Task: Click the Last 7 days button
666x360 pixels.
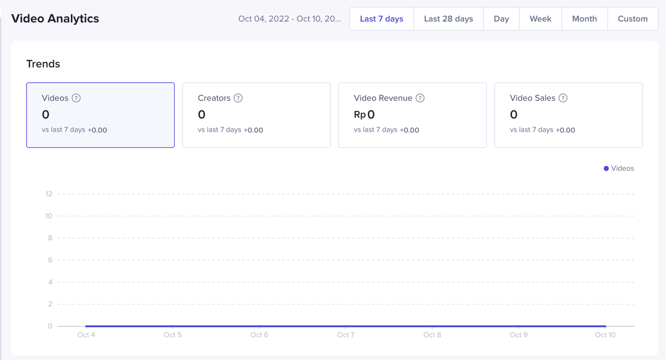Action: (x=381, y=19)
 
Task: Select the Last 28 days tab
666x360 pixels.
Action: (x=448, y=19)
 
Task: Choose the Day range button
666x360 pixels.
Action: (x=501, y=19)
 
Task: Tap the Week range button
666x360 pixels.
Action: (x=540, y=19)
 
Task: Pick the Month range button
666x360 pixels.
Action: (x=584, y=19)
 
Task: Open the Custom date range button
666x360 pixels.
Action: (x=632, y=19)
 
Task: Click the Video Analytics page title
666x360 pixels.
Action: (x=55, y=19)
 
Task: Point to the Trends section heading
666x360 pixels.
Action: (x=43, y=64)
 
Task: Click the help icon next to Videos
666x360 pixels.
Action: (x=76, y=98)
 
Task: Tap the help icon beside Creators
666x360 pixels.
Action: (x=238, y=98)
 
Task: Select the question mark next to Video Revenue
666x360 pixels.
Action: (x=420, y=98)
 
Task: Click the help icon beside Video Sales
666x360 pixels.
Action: (x=563, y=98)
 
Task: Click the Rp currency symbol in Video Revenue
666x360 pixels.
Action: (x=360, y=115)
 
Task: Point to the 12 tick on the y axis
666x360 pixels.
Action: (x=49, y=194)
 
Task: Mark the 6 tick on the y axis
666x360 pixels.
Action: (x=50, y=260)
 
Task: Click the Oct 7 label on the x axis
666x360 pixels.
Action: (x=345, y=335)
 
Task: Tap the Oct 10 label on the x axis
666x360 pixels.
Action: (x=605, y=335)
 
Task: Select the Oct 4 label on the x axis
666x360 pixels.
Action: (x=86, y=335)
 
